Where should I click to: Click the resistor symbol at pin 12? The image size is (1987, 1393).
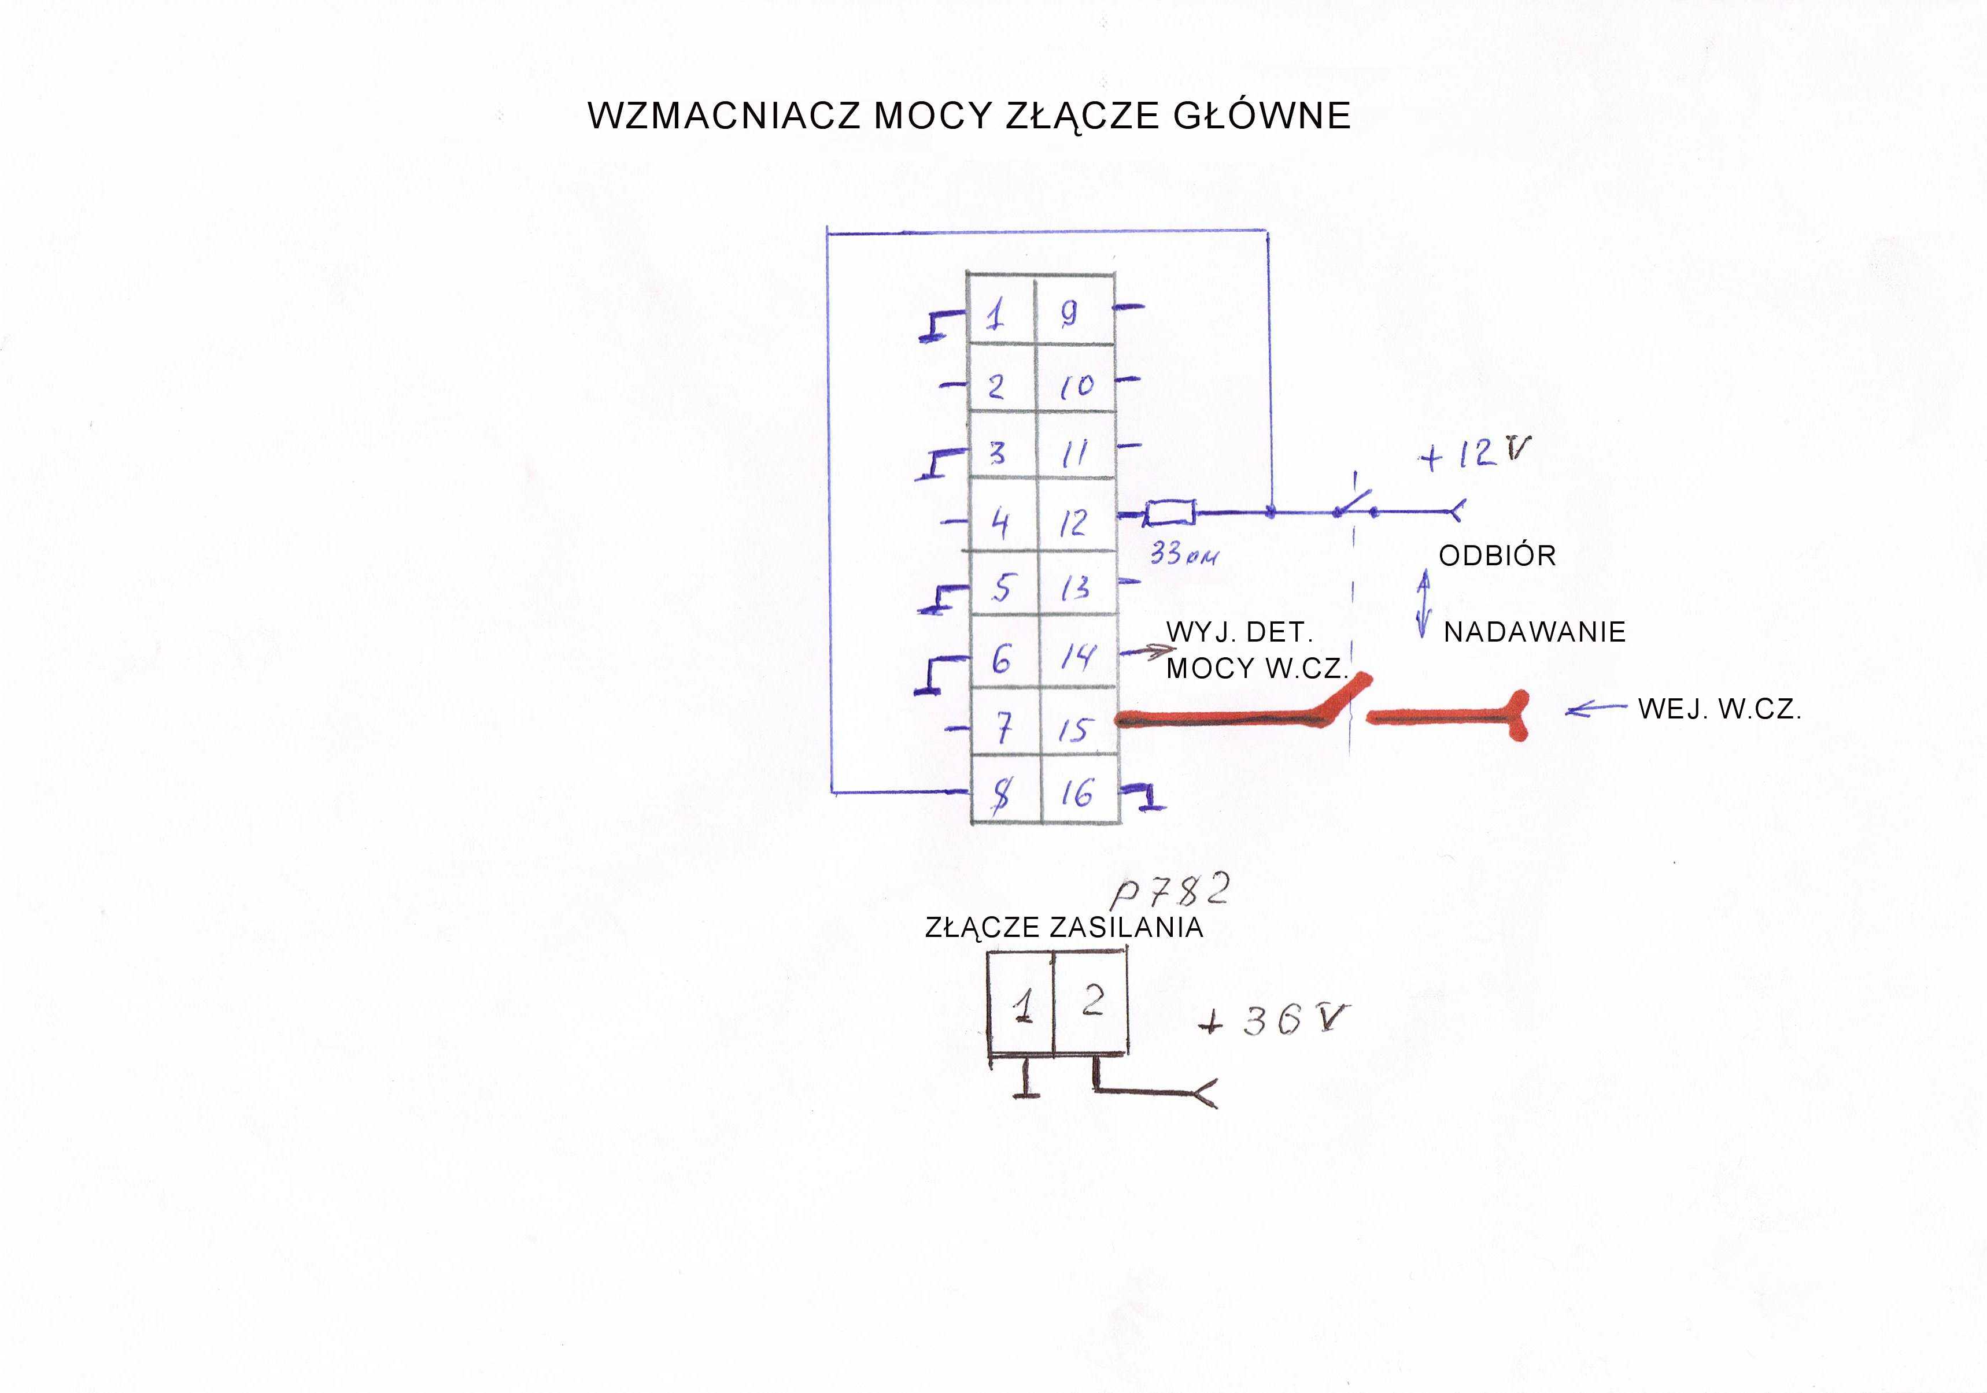click(1170, 514)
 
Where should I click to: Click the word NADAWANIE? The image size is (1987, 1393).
click(1534, 632)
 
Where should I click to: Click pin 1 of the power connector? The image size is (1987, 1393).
click(1022, 1005)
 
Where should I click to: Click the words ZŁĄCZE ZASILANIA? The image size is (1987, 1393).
click(1063, 928)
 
